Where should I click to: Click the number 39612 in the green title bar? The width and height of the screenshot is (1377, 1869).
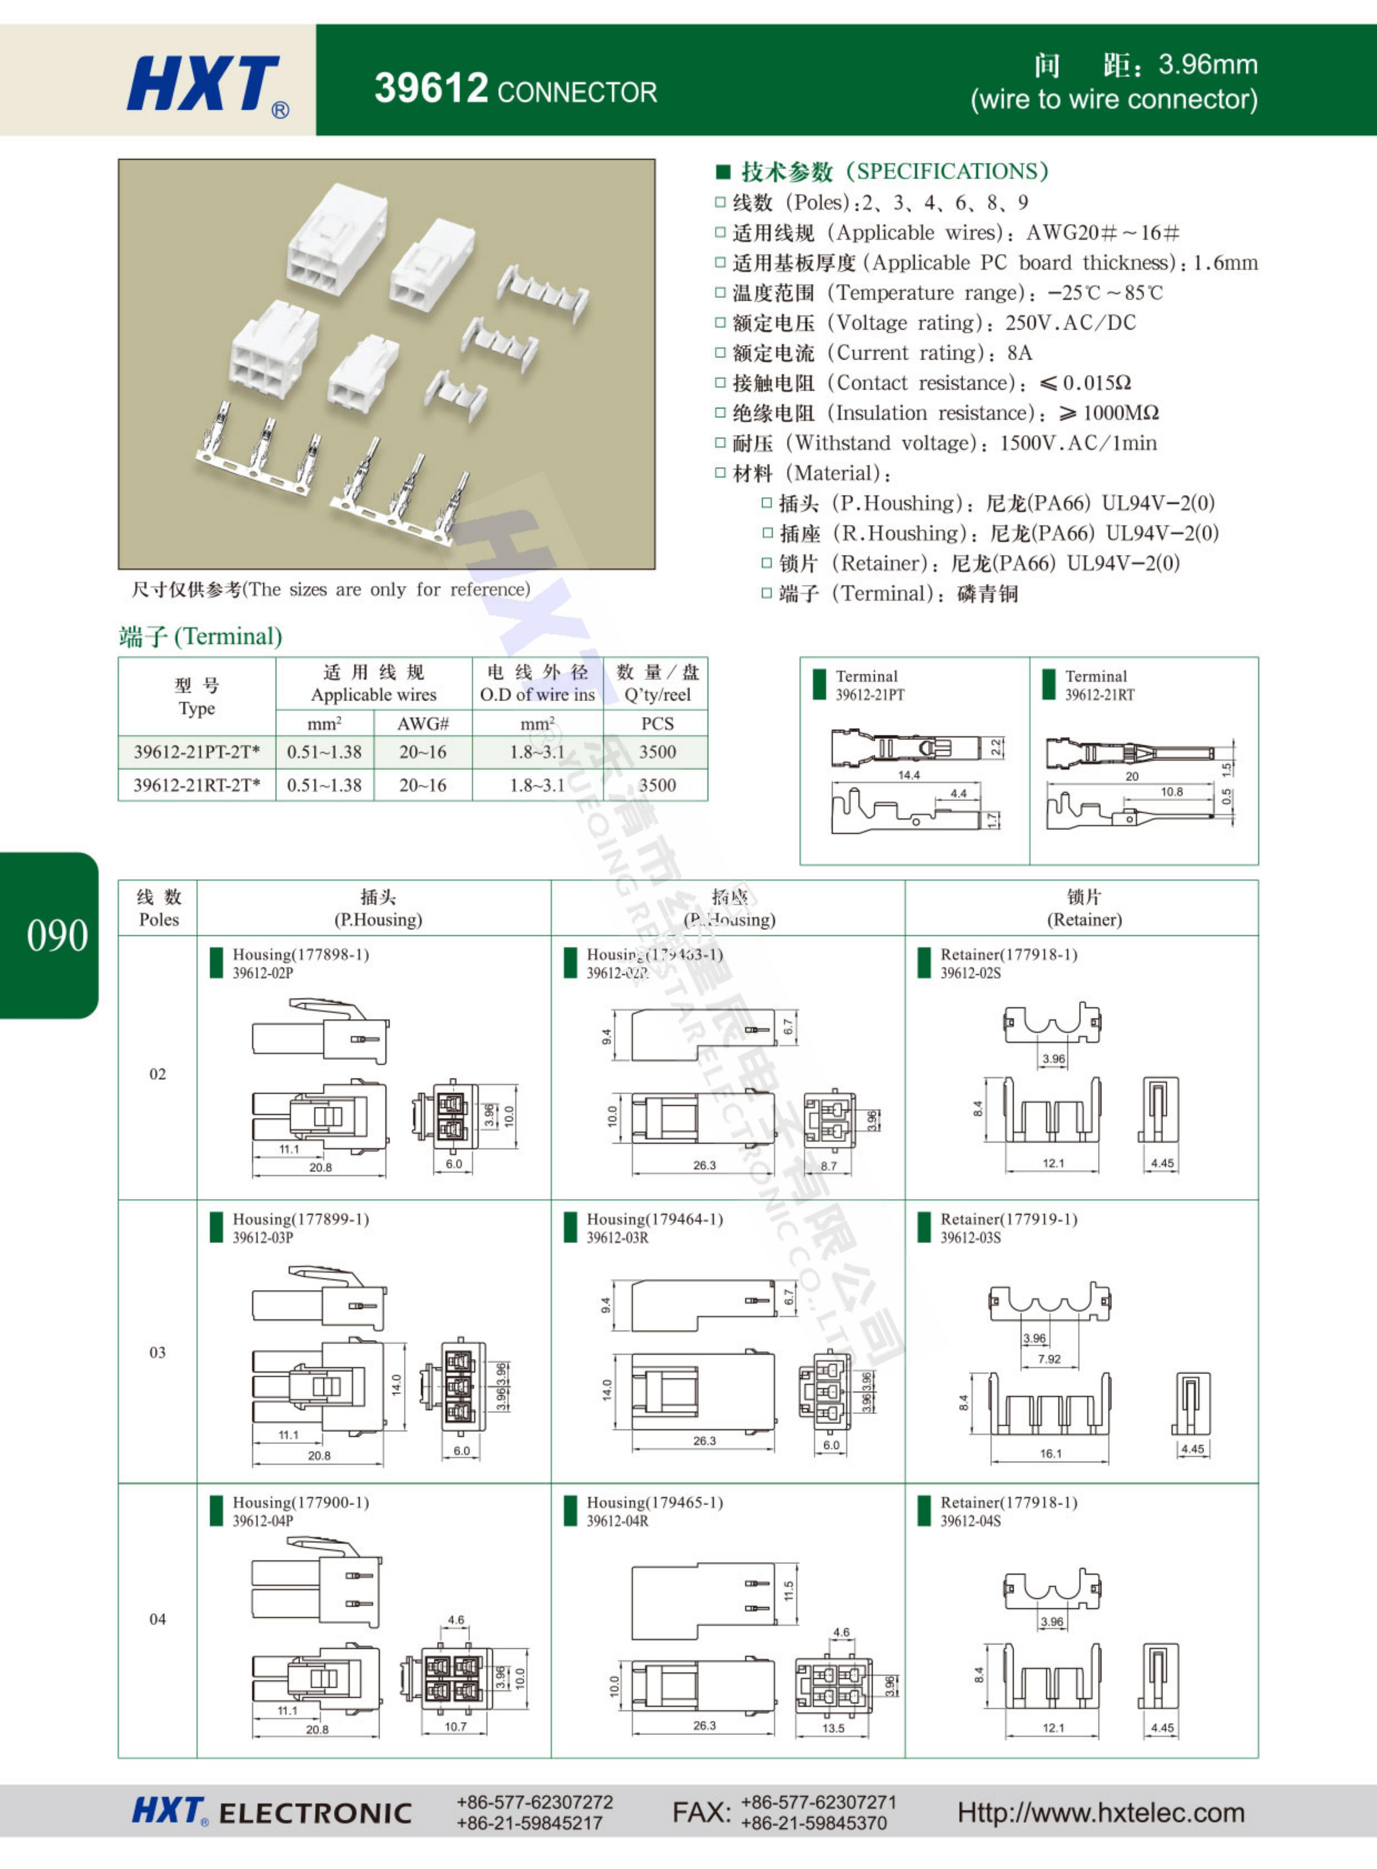pyautogui.click(x=431, y=88)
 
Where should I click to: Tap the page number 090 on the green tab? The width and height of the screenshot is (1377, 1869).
pyautogui.click(x=57, y=935)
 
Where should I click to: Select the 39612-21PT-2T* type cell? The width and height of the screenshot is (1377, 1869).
pyautogui.click(x=197, y=752)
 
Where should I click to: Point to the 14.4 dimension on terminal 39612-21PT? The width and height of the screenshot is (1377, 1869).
pyautogui.click(x=908, y=775)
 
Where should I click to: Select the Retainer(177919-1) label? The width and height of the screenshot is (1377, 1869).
pyautogui.click(x=1009, y=1219)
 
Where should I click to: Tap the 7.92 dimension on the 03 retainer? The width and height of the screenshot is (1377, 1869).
pyautogui.click(x=1050, y=1359)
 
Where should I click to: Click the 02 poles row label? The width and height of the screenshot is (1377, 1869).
pyautogui.click(x=158, y=1074)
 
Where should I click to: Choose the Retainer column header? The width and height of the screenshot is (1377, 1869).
pyautogui.click(x=1084, y=908)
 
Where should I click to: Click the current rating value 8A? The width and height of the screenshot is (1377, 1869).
pyautogui.click(x=1020, y=353)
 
